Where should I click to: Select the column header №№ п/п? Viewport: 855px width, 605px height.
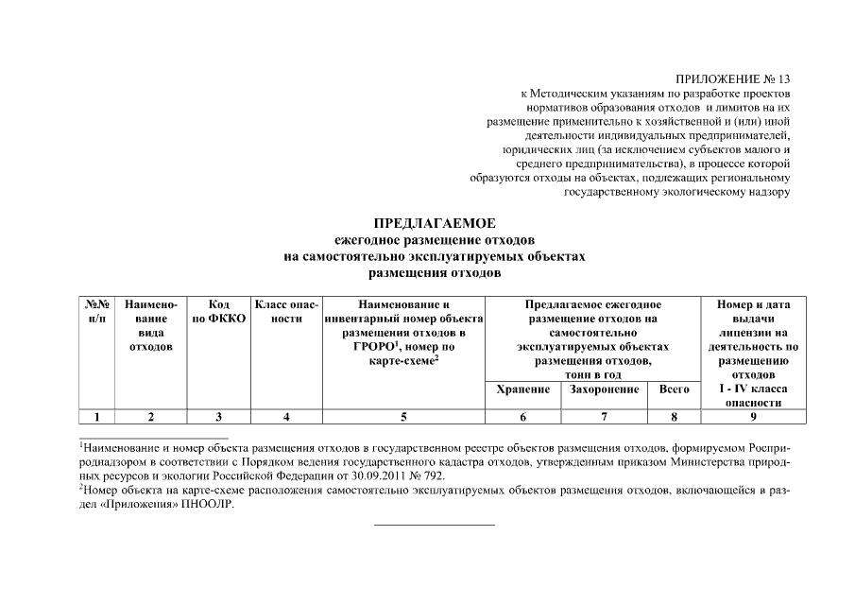click(96, 312)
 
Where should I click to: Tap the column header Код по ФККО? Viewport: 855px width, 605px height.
click(219, 312)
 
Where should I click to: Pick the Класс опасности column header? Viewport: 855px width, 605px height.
click(286, 312)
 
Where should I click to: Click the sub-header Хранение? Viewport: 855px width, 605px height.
click(522, 389)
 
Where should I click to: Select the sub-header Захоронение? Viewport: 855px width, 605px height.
click(604, 389)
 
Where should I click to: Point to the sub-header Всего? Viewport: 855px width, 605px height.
click(673, 389)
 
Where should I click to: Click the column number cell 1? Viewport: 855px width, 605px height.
click(96, 416)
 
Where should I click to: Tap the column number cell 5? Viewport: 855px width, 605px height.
click(403, 416)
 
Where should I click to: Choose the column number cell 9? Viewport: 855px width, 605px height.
click(753, 416)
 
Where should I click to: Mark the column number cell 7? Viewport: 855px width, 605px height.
click(604, 416)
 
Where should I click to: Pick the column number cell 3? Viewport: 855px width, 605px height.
click(219, 416)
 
